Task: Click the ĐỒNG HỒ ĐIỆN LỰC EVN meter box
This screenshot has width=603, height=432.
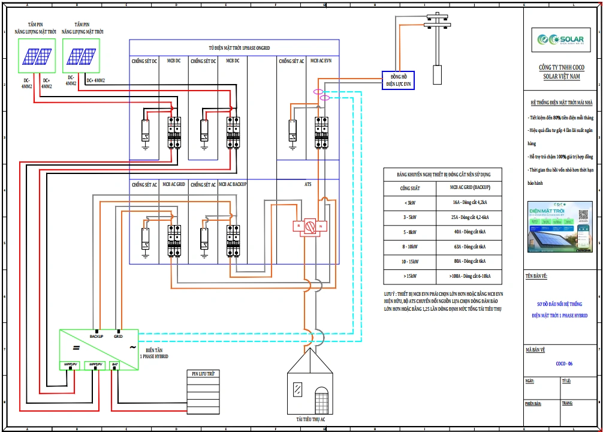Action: [398, 80]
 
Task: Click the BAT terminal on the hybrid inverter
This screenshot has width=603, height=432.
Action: [115, 364]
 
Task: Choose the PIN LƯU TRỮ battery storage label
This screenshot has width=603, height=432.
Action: [203, 373]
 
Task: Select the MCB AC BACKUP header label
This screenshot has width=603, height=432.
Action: [233, 185]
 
